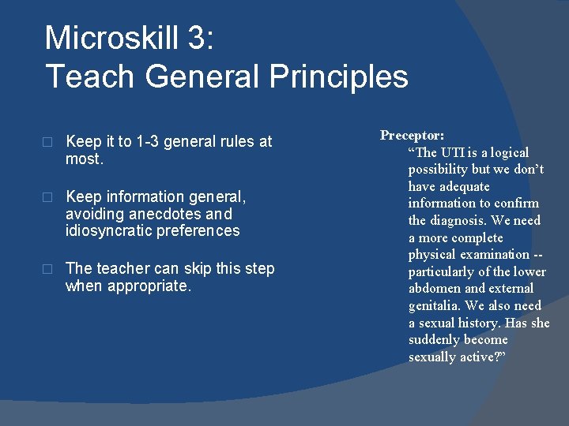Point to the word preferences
[x=202, y=231]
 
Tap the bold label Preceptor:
[x=412, y=135]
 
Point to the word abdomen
[x=433, y=289]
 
